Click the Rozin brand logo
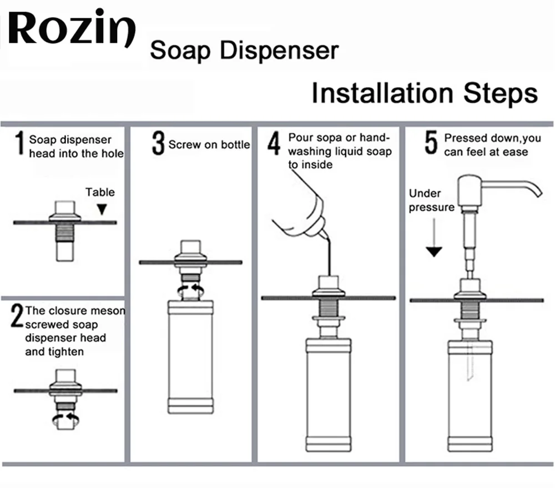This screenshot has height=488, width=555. point(72,28)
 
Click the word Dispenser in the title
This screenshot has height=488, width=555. point(279,51)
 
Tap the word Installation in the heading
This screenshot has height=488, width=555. point(382,93)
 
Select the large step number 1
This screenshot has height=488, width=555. point(20,143)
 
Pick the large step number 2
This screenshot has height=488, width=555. point(17,315)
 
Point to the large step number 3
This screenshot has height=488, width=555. point(158,143)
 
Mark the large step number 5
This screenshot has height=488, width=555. point(431,143)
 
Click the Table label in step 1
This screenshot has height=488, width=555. point(100,192)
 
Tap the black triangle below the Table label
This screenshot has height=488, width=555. point(102,209)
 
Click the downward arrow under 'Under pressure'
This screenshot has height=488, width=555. point(434,237)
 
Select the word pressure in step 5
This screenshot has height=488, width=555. point(431,208)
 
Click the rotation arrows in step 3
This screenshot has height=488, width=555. point(190,291)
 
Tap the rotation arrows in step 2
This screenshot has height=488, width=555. point(66,419)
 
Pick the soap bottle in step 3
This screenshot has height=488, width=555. point(190,356)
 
